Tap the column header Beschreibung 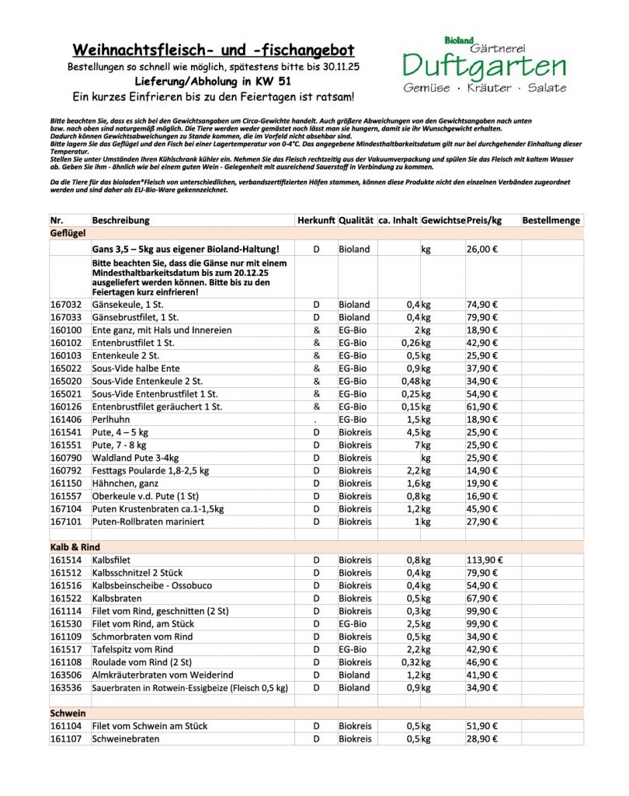120,220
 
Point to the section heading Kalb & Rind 75,547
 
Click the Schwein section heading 68,713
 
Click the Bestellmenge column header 551,220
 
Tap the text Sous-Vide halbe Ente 136,368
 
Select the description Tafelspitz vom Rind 132,649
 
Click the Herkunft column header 316,220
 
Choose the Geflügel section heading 68,233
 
